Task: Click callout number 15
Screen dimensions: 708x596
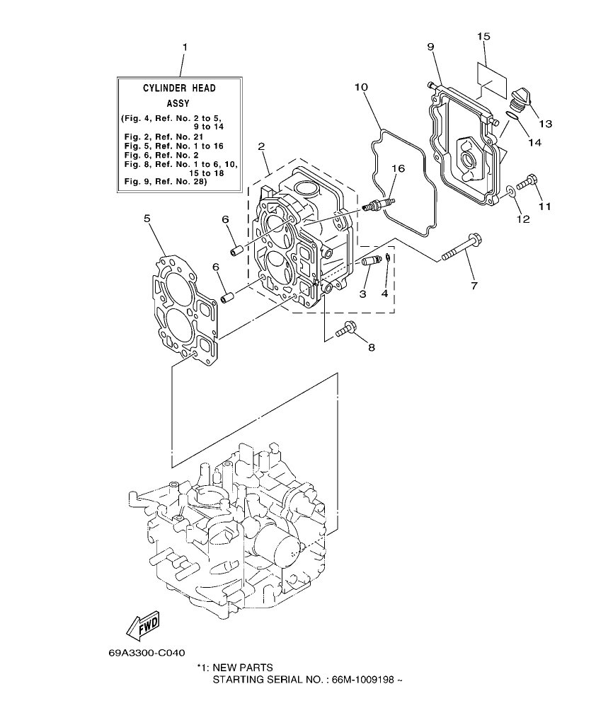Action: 483,36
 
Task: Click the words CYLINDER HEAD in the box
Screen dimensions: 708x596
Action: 179,88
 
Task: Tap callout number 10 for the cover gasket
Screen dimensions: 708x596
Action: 361,87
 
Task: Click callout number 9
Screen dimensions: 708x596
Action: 430,47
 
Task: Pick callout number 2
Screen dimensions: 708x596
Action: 261,146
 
